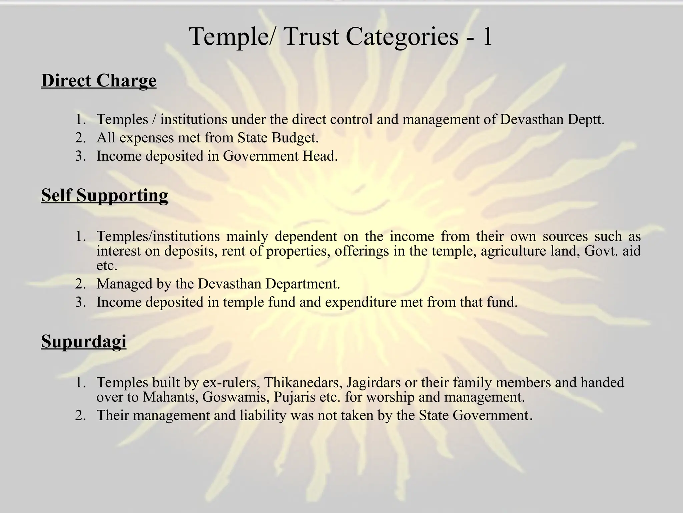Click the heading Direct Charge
99,81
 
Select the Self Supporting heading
104,195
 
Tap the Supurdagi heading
84,341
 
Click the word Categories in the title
402,36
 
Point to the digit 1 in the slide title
487,36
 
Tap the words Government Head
280,156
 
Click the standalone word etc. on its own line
107,266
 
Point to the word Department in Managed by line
302,284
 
